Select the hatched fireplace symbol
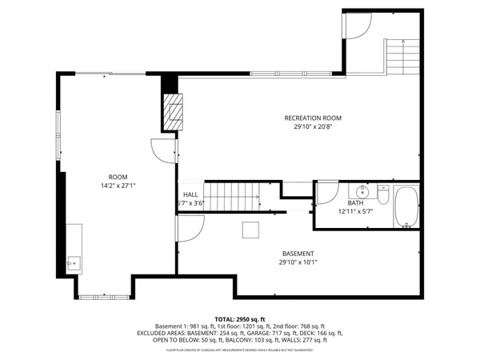172,111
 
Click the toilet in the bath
382,194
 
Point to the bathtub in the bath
406,206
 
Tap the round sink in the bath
362,191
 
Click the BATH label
354,203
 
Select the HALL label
190,194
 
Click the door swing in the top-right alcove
357,26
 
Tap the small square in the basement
252,230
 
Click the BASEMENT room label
298,254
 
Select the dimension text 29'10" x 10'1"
298,262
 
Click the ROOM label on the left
118,177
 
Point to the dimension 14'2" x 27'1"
118,186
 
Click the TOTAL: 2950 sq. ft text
239,318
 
